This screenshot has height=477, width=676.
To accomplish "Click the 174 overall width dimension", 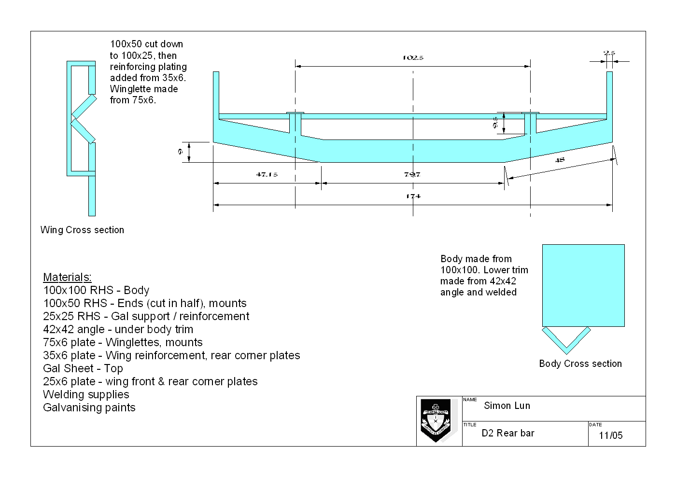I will (413, 196).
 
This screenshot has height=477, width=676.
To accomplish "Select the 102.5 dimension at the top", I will (413, 58).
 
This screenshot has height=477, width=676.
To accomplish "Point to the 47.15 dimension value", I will (267, 175).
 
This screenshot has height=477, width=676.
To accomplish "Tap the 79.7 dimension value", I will (412, 175).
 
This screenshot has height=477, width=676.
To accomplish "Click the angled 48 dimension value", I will (560, 160).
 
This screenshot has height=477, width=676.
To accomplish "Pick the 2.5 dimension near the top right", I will (609, 53).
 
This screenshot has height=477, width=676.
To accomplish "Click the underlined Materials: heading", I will (67, 277).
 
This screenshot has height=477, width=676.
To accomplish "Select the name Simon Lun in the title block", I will (507, 406).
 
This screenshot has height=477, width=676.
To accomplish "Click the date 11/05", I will (611, 435).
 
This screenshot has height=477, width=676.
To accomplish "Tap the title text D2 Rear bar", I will (508, 433).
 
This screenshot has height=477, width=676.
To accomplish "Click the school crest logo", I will (436, 420).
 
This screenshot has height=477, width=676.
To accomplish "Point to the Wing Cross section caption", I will (82, 230).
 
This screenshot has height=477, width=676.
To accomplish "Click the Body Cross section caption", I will (580, 364).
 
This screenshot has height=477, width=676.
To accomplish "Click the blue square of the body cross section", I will (583, 285).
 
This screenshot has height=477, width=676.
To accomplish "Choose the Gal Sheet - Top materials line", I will (83, 368).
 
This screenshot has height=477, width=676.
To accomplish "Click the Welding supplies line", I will (86, 394).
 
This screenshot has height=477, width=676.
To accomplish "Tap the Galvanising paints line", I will (89, 407).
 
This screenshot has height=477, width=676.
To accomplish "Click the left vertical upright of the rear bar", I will (216, 94).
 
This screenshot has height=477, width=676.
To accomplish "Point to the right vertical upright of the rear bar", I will (609, 94).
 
